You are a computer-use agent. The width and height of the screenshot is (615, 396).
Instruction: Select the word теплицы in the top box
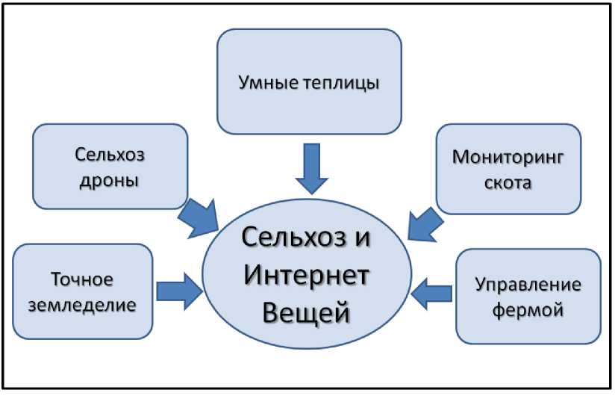(341, 82)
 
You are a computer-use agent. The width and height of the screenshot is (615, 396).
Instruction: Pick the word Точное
(81, 280)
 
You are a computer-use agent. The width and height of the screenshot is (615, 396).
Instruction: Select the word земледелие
(81, 305)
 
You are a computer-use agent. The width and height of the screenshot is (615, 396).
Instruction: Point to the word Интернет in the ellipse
(306, 278)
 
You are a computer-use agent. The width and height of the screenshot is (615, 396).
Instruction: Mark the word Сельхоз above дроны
(109, 155)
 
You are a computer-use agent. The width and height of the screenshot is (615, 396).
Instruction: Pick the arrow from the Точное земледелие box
(180, 289)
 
